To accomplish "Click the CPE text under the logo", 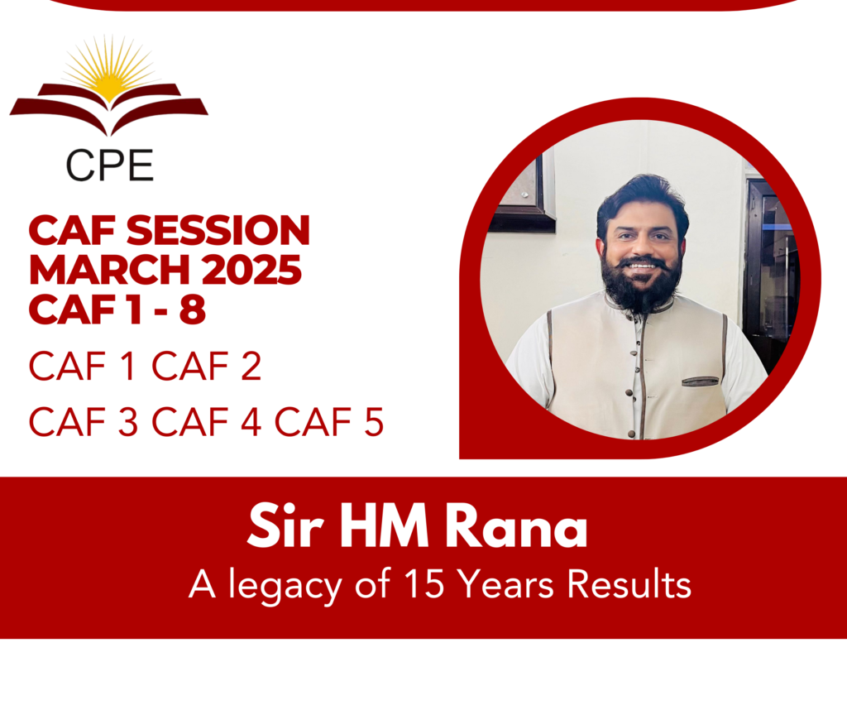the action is click(x=110, y=165).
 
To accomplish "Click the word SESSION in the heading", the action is click(x=218, y=231).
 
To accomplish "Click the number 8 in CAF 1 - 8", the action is click(x=193, y=309).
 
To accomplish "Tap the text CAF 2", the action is click(x=206, y=367).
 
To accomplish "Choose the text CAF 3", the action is click(x=84, y=422).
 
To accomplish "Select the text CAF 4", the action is click(x=206, y=422).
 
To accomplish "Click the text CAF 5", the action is click(x=329, y=422).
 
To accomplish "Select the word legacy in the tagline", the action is click(x=285, y=587).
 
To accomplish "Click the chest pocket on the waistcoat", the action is click(x=701, y=381).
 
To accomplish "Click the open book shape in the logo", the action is click(x=109, y=108).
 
